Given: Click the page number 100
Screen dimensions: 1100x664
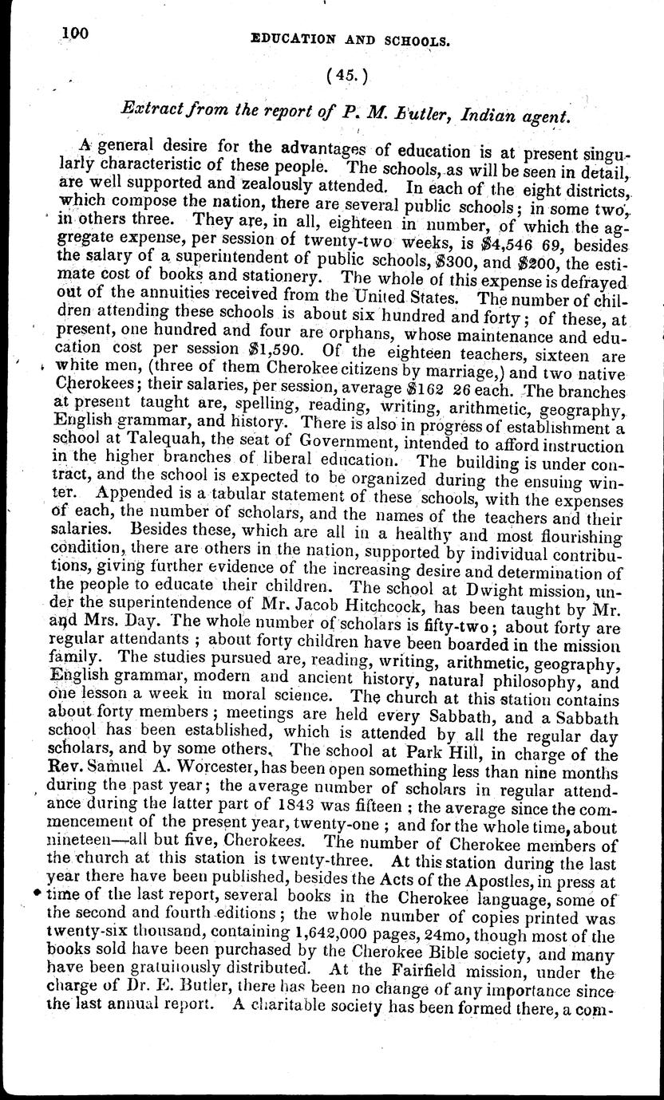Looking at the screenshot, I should [x=76, y=34].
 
